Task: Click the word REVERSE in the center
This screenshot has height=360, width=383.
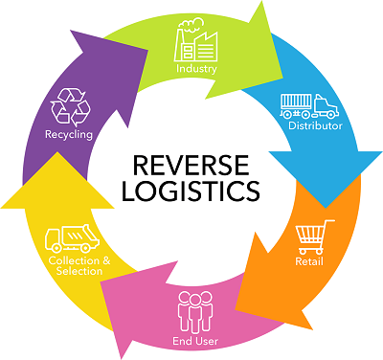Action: [191, 159]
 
